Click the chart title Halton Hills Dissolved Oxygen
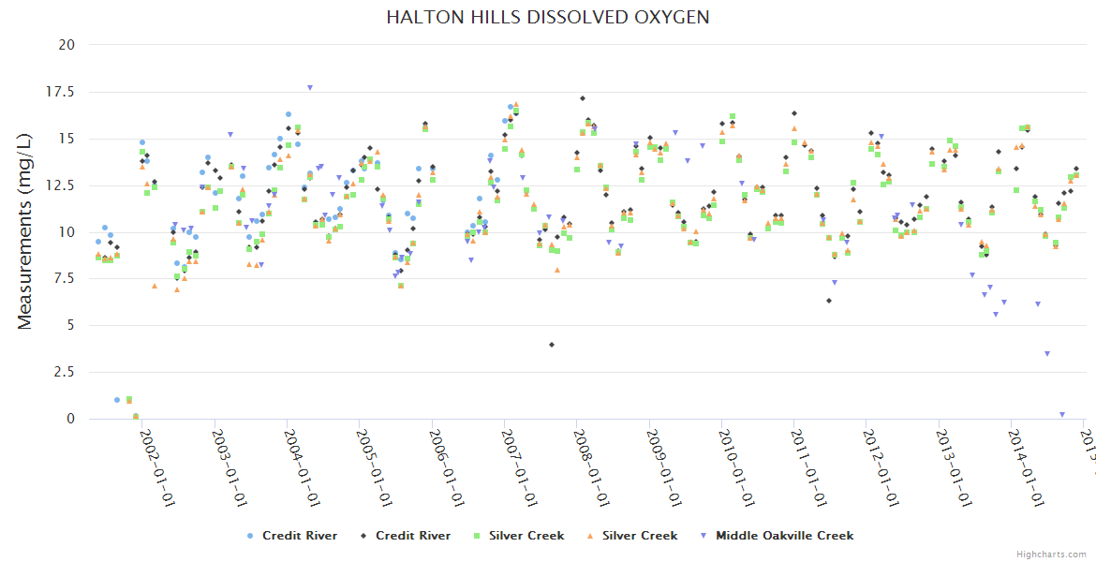(x=548, y=18)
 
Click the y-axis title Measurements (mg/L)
(x=25, y=231)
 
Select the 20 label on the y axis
(x=67, y=45)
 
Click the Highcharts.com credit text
(x=1051, y=554)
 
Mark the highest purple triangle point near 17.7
(x=310, y=88)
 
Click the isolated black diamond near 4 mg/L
(x=552, y=345)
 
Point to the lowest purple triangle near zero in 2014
(x=1062, y=414)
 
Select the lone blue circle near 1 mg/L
(x=117, y=400)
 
